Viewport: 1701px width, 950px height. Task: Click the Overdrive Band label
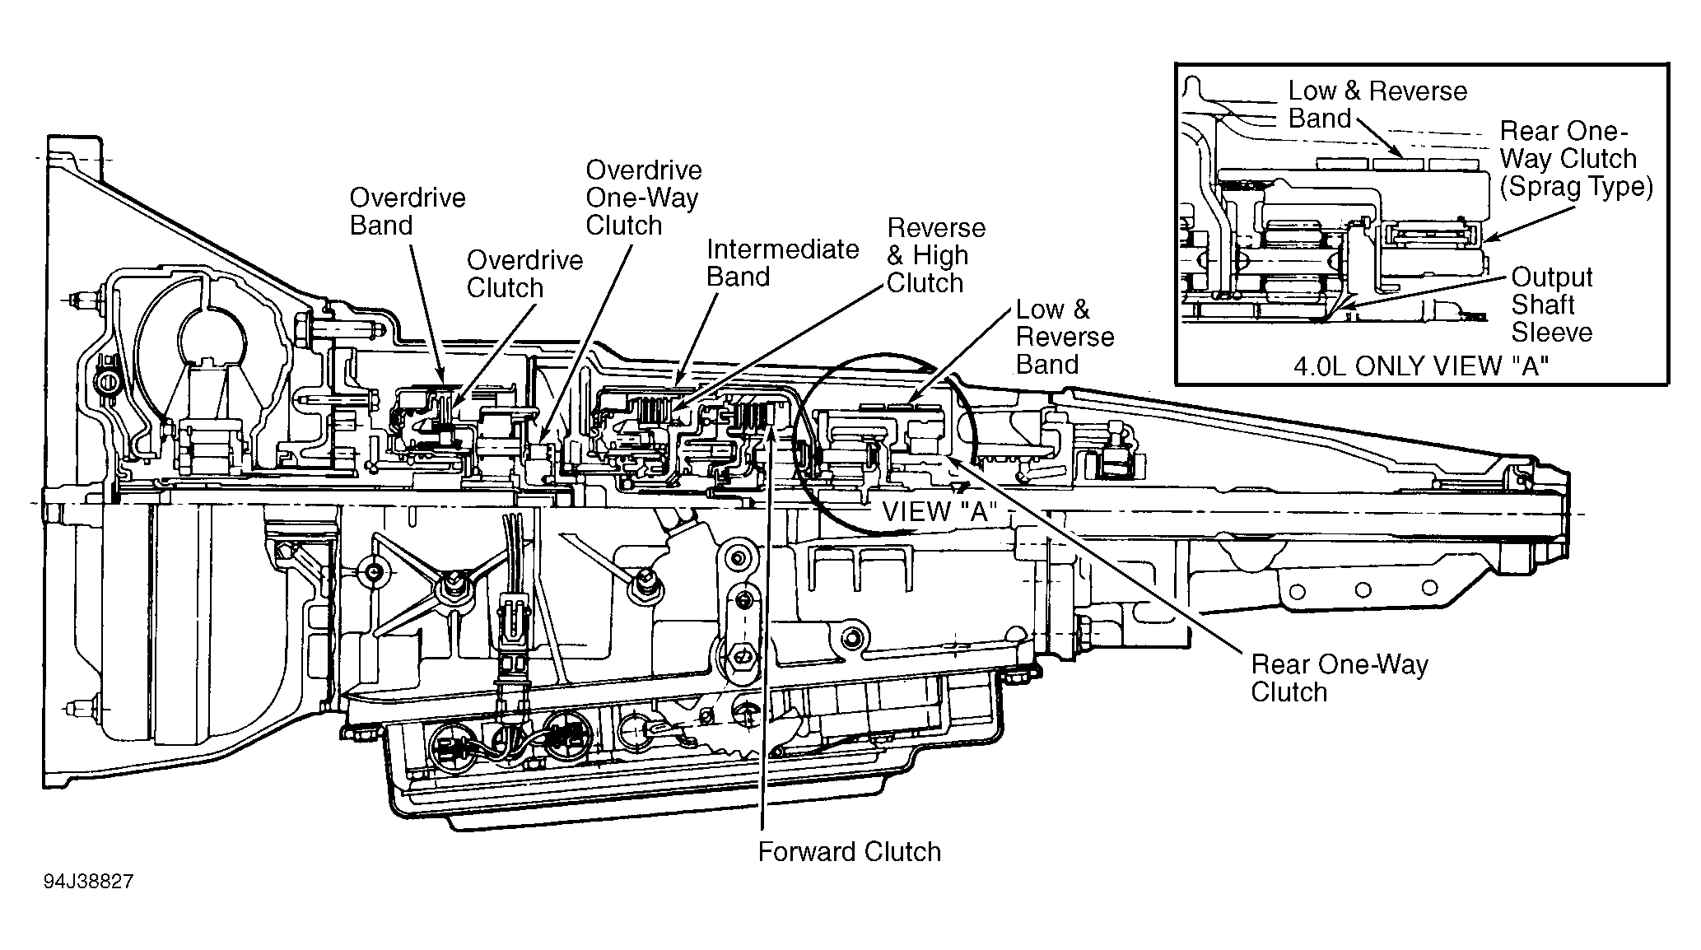pos(408,212)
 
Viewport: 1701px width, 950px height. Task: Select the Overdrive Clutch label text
pos(525,274)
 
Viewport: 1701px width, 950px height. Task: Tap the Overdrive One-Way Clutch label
pos(644,198)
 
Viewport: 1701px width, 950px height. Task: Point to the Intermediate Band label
pos(783,263)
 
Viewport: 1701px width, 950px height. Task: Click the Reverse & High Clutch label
pos(936,255)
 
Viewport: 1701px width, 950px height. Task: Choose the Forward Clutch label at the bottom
pos(850,851)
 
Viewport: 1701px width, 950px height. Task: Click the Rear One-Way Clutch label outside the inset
pos(1340,678)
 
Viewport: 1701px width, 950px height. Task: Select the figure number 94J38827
pos(89,882)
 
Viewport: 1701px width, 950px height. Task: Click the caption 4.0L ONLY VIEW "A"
pos(1421,366)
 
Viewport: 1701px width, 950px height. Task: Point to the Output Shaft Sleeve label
pos(1552,305)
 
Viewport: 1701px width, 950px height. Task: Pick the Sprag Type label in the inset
pos(1577,187)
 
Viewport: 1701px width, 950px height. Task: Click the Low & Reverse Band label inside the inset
pos(1377,105)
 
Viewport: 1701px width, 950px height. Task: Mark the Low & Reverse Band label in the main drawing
pos(1065,337)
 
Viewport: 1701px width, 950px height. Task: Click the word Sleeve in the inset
pos(1552,333)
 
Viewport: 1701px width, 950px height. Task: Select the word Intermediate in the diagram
pos(783,249)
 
